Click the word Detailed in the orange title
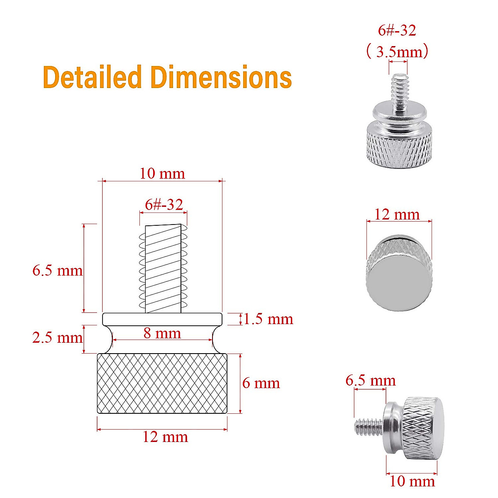(x=92, y=78)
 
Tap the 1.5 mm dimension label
(x=268, y=319)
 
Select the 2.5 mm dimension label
(x=57, y=337)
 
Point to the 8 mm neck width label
(x=162, y=333)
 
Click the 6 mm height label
(x=261, y=383)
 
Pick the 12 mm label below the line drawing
(x=165, y=437)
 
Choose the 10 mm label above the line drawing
(x=162, y=173)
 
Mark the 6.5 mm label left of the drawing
(x=57, y=271)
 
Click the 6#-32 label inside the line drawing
(x=164, y=204)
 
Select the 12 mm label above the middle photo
(x=397, y=215)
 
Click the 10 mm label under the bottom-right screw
(x=412, y=481)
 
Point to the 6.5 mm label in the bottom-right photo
(x=371, y=381)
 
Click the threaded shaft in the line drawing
(x=163, y=269)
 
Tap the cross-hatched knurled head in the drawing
(x=162, y=383)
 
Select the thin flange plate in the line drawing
(x=162, y=319)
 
